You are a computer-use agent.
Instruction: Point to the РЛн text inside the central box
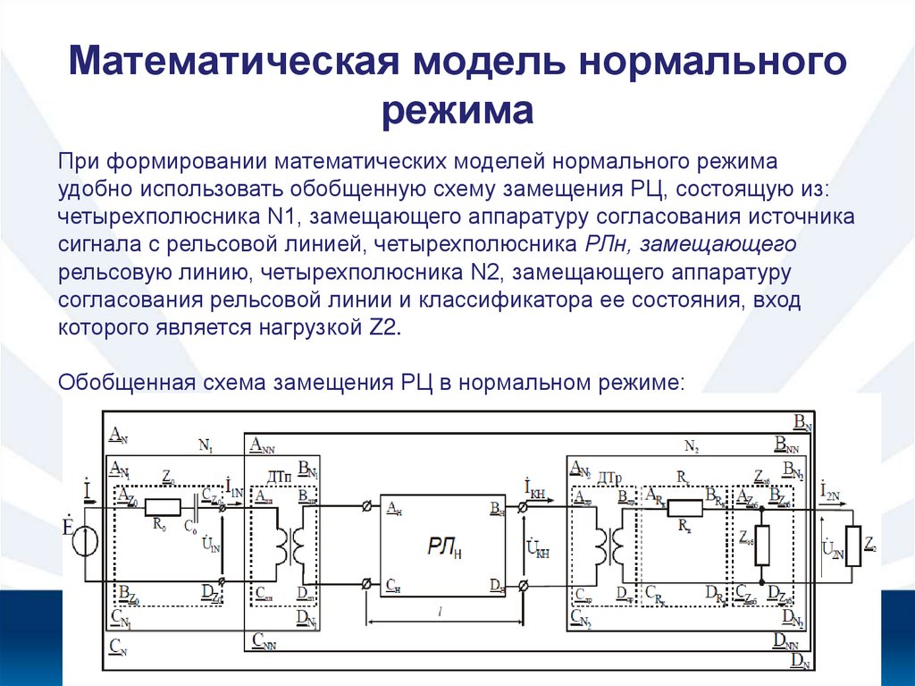(x=443, y=545)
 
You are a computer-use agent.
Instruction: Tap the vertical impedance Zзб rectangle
(x=761, y=550)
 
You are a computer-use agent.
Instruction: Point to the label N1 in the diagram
(x=205, y=445)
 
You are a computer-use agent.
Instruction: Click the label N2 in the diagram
(x=691, y=445)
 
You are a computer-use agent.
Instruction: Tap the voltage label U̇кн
(x=536, y=545)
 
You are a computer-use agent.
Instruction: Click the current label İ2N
(x=830, y=489)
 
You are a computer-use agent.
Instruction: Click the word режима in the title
(x=457, y=113)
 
